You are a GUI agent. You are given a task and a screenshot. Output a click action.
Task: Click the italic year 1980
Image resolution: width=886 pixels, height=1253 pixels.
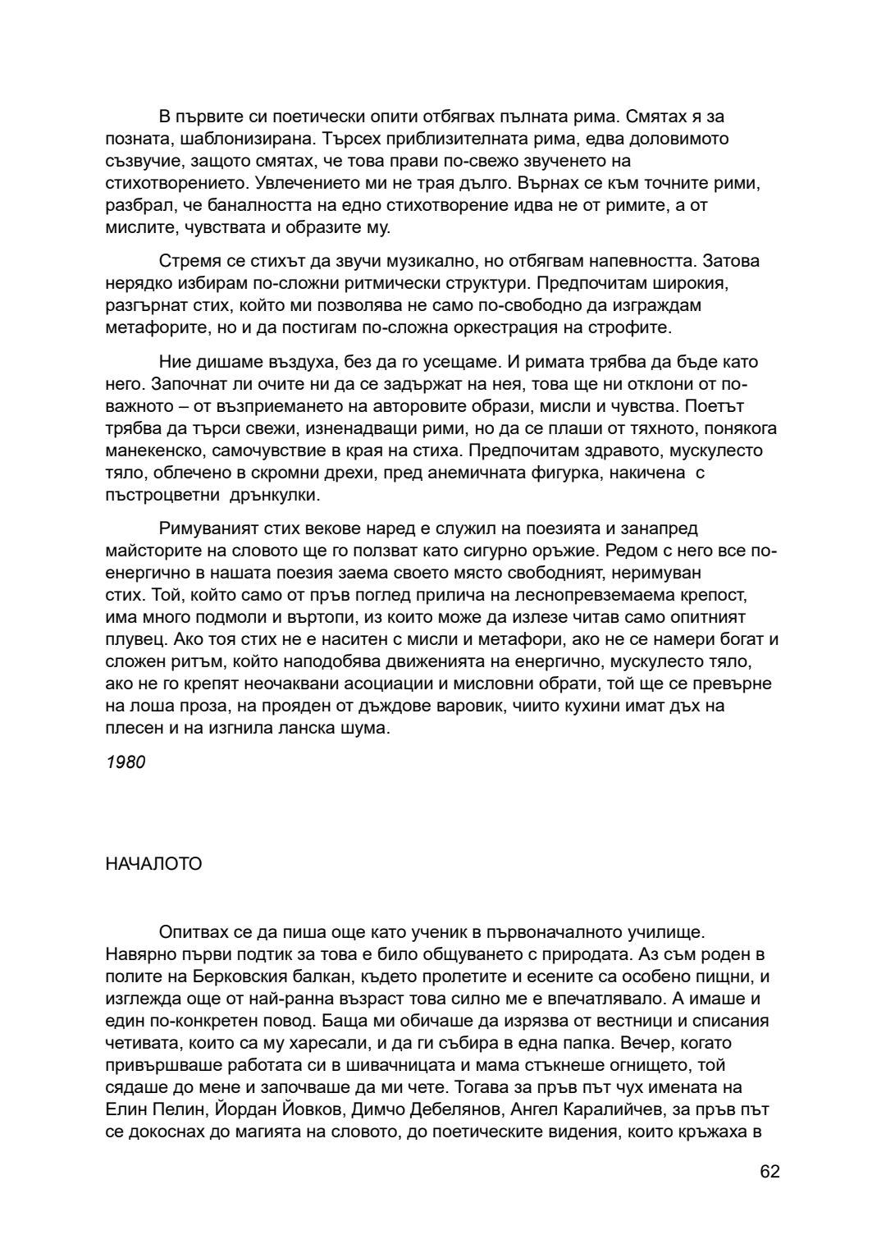coord(126,762)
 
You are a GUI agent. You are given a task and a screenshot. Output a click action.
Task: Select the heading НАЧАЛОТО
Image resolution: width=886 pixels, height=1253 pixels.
coord(153,865)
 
